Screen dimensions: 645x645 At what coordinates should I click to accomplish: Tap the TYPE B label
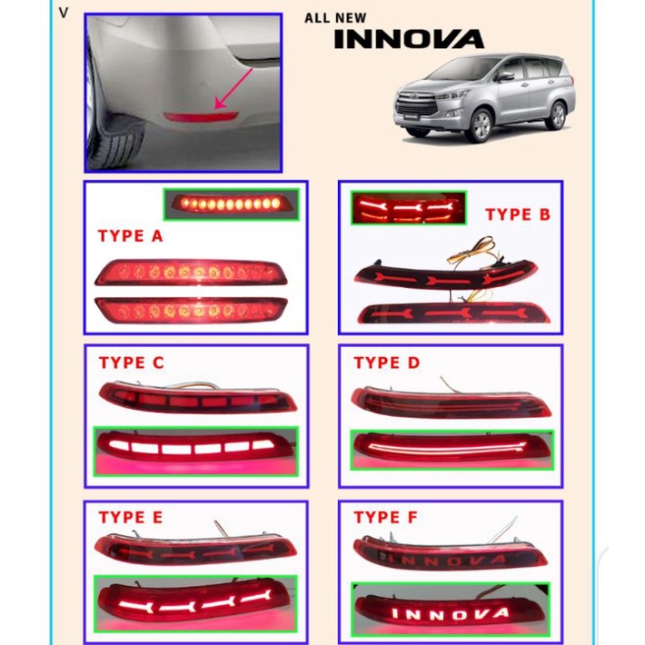(x=518, y=214)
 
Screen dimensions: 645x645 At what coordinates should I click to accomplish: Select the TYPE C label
(x=132, y=362)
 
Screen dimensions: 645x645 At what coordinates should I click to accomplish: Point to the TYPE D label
(x=387, y=362)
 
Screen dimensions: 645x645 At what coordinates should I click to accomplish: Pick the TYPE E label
(x=131, y=518)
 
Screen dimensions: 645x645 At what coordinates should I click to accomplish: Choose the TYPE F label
(x=386, y=518)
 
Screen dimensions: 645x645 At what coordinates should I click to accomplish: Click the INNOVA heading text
(x=409, y=39)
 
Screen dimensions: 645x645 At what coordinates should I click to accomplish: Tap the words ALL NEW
(x=336, y=17)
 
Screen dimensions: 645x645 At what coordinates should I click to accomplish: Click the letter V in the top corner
(x=63, y=13)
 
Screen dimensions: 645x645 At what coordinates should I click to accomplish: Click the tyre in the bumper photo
(x=116, y=132)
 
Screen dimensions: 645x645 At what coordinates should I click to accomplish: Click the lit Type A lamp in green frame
(x=232, y=203)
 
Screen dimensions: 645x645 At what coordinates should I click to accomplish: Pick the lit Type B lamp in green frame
(x=408, y=208)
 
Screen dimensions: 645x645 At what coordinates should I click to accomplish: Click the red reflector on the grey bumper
(x=198, y=115)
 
